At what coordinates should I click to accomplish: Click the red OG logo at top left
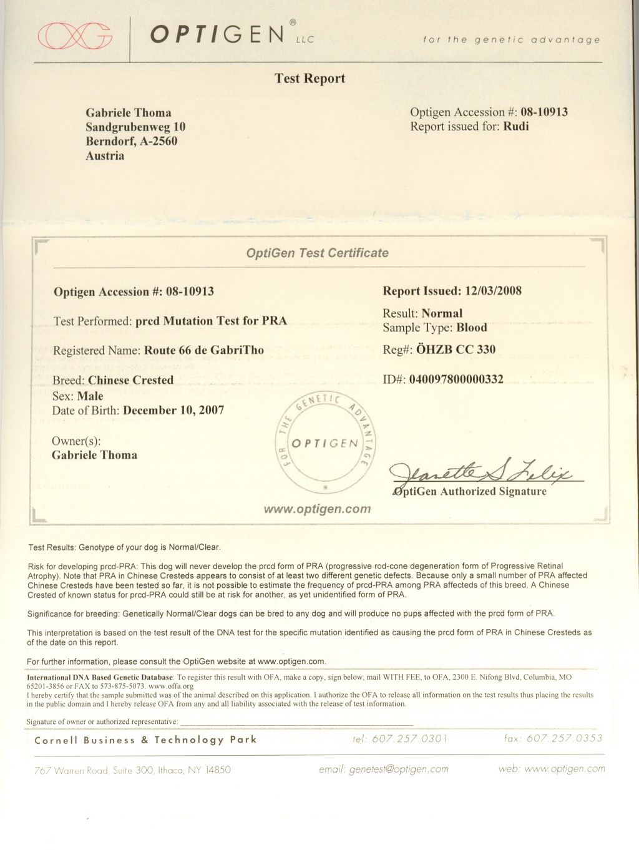[x=76, y=35]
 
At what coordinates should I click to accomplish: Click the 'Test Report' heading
[x=310, y=79]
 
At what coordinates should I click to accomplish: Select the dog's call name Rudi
[x=516, y=127]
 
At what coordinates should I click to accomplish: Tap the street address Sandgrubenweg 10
[x=135, y=127]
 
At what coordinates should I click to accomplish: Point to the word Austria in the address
[x=105, y=156]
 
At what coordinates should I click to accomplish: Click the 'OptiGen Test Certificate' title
[x=317, y=253]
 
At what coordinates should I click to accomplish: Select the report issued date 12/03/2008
[x=491, y=291]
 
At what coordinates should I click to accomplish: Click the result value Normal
[x=442, y=313]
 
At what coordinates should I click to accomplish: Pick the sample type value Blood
[x=471, y=328]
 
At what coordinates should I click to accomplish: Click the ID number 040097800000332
[x=456, y=379]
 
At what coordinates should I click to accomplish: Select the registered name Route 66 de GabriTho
[x=204, y=350]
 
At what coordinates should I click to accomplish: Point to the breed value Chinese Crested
[x=131, y=380]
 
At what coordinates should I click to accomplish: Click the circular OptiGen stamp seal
[x=325, y=443]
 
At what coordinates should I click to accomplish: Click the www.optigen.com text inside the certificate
[x=317, y=509]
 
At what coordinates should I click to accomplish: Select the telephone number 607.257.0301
[x=409, y=739]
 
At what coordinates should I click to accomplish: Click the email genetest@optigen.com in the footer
[x=399, y=769]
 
